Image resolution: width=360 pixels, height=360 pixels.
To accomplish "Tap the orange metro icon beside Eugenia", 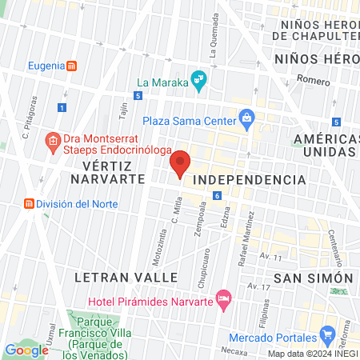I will pos(72,66).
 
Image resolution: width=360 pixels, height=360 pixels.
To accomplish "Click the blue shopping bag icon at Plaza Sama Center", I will pos(246,121).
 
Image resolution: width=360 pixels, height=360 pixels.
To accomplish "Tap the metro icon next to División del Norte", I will pos(30,204).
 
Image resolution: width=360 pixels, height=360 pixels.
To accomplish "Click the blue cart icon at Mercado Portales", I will pos(326,334).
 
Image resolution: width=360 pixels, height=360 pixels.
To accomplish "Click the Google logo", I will pos(26,350).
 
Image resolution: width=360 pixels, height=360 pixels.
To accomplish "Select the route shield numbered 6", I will pos(217,195).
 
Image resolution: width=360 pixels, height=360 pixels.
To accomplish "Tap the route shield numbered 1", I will pos(62,107).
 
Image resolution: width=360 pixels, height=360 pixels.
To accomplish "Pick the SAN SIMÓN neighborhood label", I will pos(313,278).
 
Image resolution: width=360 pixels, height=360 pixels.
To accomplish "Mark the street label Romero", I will pos(313,79).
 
